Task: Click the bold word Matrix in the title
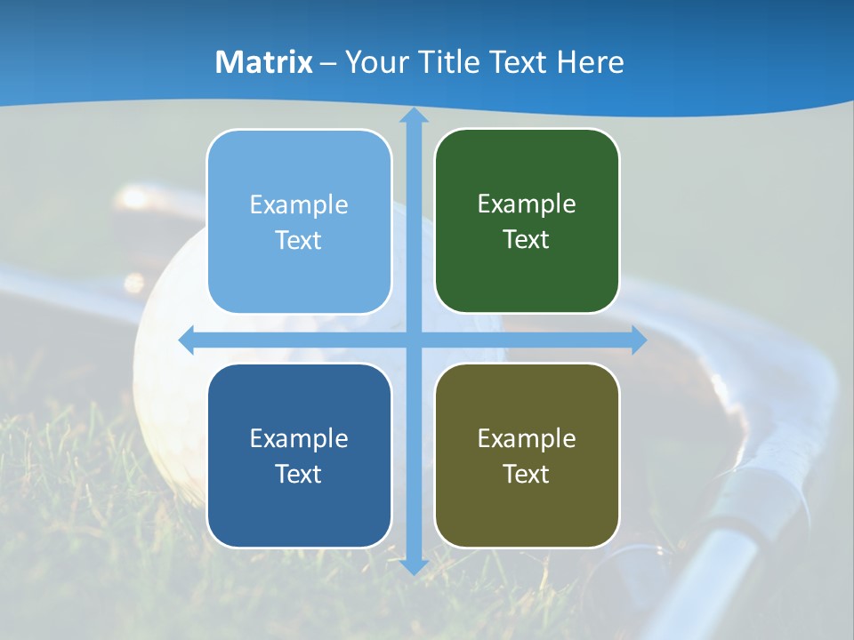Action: coord(264,62)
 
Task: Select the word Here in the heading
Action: coord(591,62)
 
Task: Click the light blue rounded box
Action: coord(299,221)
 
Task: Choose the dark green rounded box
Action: coord(527,221)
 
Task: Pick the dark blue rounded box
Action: coord(299,455)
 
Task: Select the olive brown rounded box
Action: coord(527,455)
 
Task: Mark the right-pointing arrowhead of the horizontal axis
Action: coord(638,340)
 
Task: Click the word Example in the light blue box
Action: coord(299,205)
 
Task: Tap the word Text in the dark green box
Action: coord(527,240)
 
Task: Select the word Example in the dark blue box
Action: coord(299,439)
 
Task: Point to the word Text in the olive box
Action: coord(527,474)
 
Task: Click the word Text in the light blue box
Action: coord(299,241)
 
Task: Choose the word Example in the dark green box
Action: coord(527,204)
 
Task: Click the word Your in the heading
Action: coord(375,62)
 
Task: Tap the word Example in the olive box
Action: coord(527,439)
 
